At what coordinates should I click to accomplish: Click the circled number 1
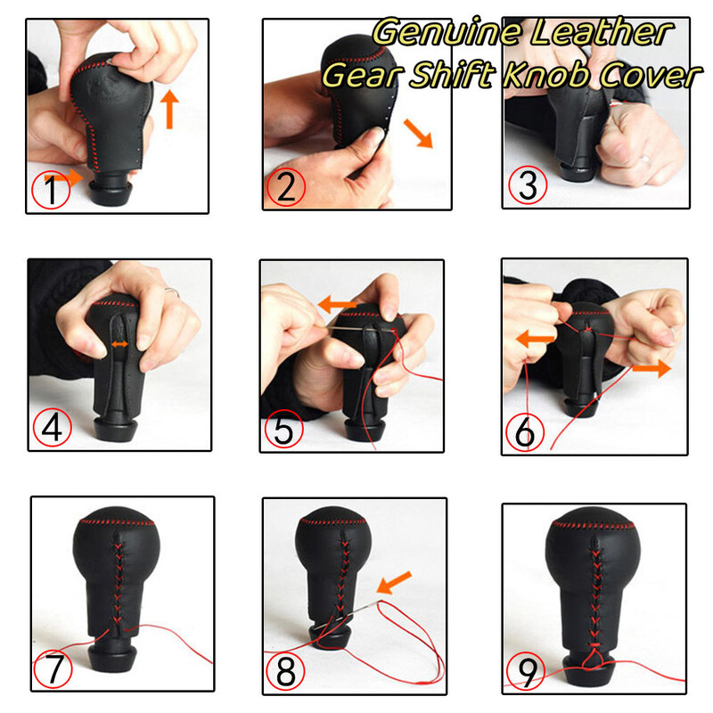coord(51,190)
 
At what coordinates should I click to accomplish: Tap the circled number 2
coord(286,187)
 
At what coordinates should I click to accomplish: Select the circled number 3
coord(528,185)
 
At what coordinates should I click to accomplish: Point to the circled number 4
coord(53,427)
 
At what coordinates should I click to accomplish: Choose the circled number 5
coord(283,429)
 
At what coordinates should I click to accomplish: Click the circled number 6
coord(525,432)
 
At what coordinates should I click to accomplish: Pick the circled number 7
coord(53,668)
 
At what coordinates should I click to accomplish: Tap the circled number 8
coord(285,671)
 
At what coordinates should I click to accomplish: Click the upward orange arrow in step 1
coord(169,109)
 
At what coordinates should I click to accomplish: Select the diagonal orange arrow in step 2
coord(418,133)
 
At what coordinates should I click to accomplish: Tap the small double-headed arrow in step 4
coord(119,345)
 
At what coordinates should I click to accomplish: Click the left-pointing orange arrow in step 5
coord(337,304)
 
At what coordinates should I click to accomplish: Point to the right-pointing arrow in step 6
coord(652,368)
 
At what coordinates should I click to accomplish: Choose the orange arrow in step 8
coord(394,583)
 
